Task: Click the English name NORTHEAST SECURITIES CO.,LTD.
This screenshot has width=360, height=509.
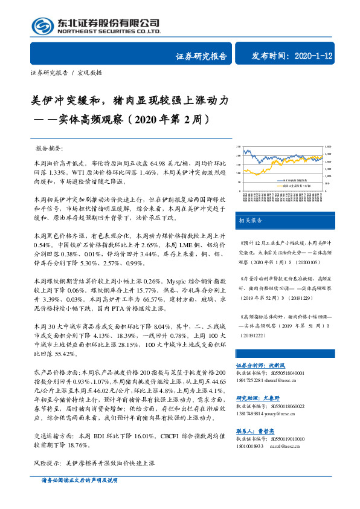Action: coord(109,31)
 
